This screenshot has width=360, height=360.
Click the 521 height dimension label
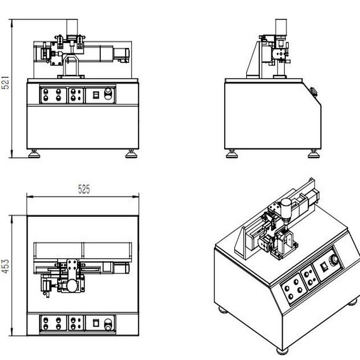(x=5, y=83)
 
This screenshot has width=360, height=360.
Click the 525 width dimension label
(x=84, y=189)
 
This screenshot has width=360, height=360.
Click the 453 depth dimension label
(x=5, y=266)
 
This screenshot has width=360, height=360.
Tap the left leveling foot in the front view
(x=34, y=154)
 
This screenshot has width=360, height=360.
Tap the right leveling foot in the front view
(x=131, y=154)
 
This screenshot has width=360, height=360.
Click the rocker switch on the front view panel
(x=96, y=95)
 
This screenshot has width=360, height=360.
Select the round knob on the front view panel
(x=108, y=94)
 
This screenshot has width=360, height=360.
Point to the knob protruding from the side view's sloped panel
(x=314, y=92)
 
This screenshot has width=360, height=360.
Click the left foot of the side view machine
(x=232, y=154)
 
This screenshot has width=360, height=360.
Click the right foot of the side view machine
(x=314, y=154)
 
